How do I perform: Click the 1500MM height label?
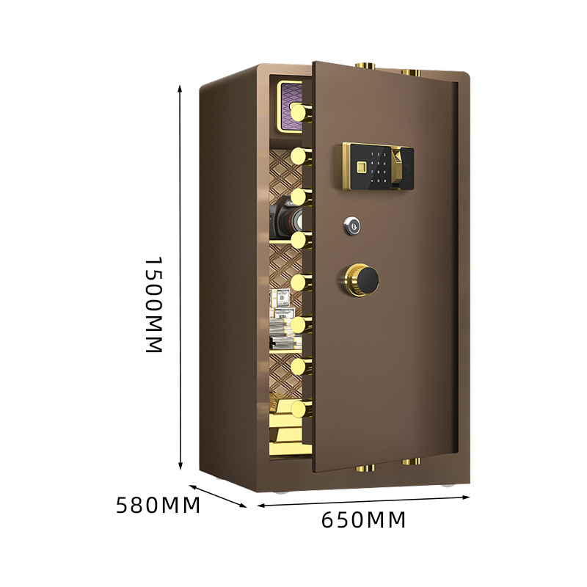tap(152, 305)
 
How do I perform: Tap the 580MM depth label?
tap(158, 506)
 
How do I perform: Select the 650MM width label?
tap(363, 520)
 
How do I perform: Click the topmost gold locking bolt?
tap(301, 112)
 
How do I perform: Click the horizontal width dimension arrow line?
tap(363, 501)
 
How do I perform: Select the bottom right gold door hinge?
tap(411, 462)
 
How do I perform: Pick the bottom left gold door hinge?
tap(365, 467)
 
